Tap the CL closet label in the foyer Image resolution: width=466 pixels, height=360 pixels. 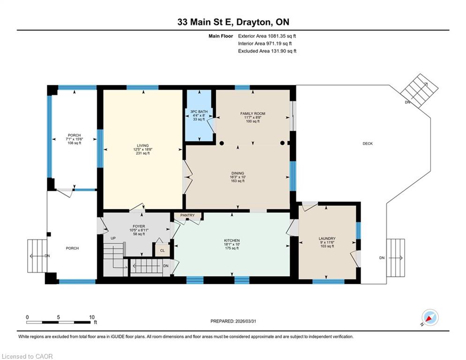162,250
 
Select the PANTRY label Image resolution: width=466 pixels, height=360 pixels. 187,215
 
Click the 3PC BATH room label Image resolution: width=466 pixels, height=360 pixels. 199,112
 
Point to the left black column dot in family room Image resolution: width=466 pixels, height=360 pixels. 222,143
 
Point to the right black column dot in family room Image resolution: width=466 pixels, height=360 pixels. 282,143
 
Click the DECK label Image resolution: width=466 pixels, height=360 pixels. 368,143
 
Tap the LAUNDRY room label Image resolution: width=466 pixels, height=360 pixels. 327,239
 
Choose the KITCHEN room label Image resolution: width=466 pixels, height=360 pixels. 232,240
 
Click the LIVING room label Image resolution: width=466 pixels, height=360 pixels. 143,146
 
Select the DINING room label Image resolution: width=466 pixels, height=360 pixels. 238,173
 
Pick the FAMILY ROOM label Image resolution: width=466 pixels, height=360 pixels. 252,113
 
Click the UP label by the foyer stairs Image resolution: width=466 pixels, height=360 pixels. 113,238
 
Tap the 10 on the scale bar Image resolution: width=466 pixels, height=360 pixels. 92,317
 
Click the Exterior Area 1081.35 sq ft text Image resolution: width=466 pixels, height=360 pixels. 267,36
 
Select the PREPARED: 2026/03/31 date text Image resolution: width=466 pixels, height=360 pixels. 233,321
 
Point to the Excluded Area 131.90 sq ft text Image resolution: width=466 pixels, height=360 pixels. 267,51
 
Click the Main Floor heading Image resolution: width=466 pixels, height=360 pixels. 221,36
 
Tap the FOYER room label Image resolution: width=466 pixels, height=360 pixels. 139,226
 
